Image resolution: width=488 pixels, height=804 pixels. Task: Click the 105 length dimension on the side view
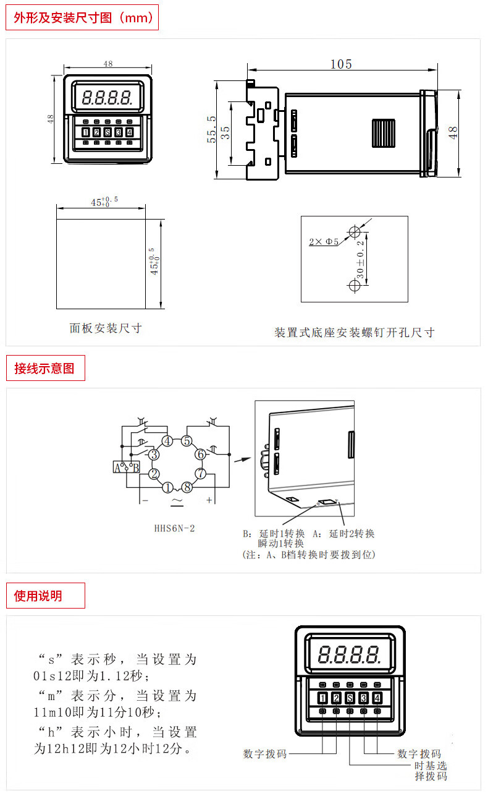341,64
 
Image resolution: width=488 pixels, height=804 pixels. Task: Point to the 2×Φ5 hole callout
324,242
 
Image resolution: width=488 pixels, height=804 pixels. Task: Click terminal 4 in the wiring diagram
167,441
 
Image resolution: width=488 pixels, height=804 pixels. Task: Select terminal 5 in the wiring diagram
187,441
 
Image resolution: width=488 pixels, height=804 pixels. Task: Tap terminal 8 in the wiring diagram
187,487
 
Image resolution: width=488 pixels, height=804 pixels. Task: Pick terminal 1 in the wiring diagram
167,487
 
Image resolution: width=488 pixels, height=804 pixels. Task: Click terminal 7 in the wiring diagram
201,474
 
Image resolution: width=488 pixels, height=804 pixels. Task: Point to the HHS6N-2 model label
175,529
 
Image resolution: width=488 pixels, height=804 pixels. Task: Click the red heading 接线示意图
44,369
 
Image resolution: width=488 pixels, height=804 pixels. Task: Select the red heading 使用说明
38,596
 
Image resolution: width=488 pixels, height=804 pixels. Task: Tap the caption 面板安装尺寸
106,328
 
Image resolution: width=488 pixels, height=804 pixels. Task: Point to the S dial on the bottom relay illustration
350,699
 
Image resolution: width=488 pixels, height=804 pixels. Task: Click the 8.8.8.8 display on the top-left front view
107,97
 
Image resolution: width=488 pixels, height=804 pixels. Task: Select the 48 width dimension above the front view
108,64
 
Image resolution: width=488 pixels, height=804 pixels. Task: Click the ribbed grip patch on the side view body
384,133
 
